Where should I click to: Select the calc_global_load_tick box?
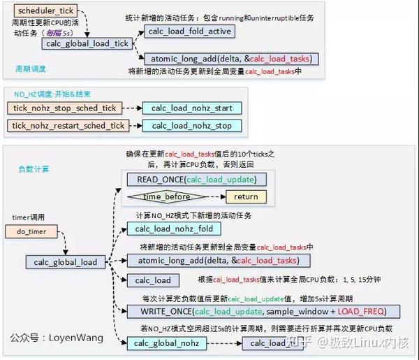tap(87, 43)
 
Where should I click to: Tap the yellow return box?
tap(246, 197)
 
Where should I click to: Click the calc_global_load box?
tap(66, 262)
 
